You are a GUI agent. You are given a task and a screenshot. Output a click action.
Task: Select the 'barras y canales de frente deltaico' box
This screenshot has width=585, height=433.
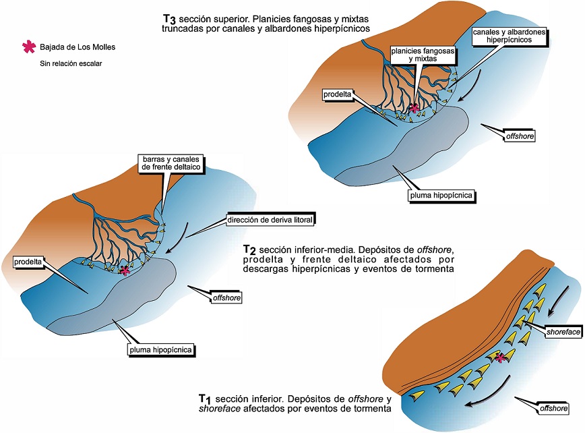(x=170, y=163)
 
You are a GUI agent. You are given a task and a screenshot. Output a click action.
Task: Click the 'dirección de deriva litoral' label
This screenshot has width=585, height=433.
(x=271, y=219)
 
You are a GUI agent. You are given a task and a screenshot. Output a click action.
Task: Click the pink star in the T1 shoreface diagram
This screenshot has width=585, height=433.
(x=500, y=357)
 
